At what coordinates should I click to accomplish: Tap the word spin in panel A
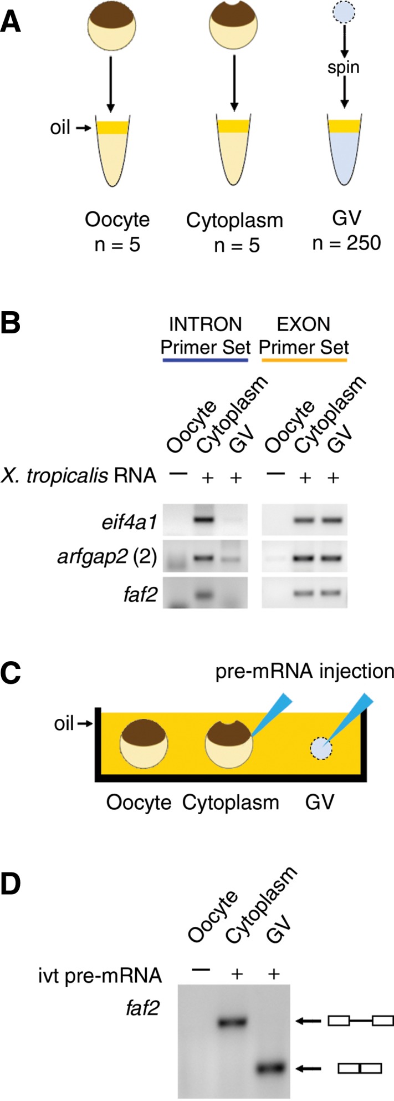click(344, 68)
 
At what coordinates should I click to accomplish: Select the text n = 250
click(346, 243)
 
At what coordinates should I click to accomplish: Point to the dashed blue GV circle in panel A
click(344, 15)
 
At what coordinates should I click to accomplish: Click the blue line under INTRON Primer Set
click(205, 360)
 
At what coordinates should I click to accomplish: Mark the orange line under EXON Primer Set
click(304, 360)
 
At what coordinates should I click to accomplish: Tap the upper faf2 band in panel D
click(236, 1019)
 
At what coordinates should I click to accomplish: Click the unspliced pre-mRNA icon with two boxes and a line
click(360, 1019)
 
